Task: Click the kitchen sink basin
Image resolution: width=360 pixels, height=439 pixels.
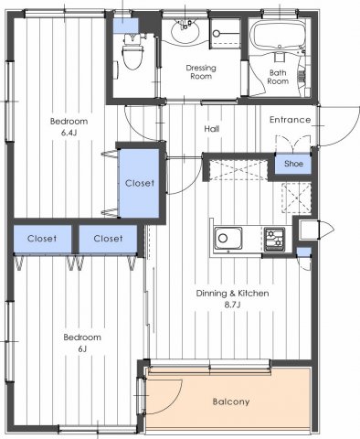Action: point(226,240)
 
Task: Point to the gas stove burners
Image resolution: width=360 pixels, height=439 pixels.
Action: point(274,240)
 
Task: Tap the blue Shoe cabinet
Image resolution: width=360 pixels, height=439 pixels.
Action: point(293,165)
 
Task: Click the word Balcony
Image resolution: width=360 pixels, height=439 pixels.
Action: point(231,401)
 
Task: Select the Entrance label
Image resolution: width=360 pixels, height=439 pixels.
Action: point(290,120)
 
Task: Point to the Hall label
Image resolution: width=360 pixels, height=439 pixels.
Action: point(211,129)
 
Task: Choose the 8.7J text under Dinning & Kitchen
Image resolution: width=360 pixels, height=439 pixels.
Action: point(231,306)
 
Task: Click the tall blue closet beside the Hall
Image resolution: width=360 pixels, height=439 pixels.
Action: point(141,183)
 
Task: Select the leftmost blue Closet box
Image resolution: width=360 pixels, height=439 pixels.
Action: point(42,239)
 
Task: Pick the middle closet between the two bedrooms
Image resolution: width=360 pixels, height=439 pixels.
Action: point(108,239)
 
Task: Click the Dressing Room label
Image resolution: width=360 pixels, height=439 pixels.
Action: point(199,72)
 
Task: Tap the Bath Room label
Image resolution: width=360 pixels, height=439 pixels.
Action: point(279,76)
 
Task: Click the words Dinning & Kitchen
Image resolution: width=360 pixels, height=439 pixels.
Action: point(232,294)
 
